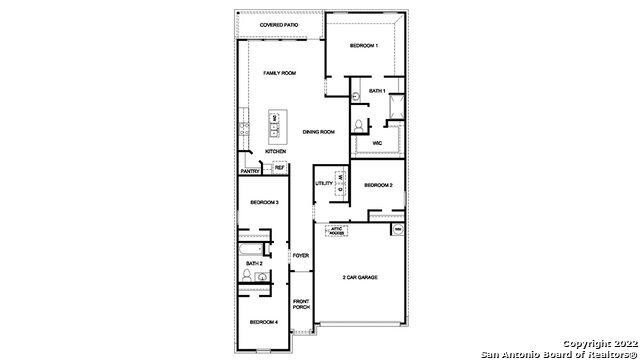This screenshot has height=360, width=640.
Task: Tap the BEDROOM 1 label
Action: (x=363, y=47)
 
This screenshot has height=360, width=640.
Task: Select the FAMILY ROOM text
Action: (x=279, y=73)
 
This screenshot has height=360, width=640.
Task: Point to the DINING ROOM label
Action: (x=318, y=132)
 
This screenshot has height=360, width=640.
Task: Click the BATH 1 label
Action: (x=376, y=91)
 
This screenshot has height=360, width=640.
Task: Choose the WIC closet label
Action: (x=377, y=143)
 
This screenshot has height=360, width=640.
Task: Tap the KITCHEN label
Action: (x=276, y=151)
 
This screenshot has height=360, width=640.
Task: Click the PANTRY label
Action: (x=250, y=171)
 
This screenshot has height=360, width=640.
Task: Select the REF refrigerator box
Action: (x=279, y=169)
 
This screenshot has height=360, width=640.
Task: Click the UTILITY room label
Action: (x=323, y=183)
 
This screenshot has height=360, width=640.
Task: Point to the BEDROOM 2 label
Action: (x=378, y=185)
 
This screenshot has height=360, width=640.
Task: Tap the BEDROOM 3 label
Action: (x=263, y=203)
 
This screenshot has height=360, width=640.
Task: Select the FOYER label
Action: (x=301, y=256)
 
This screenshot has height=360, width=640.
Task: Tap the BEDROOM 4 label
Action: (x=263, y=322)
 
